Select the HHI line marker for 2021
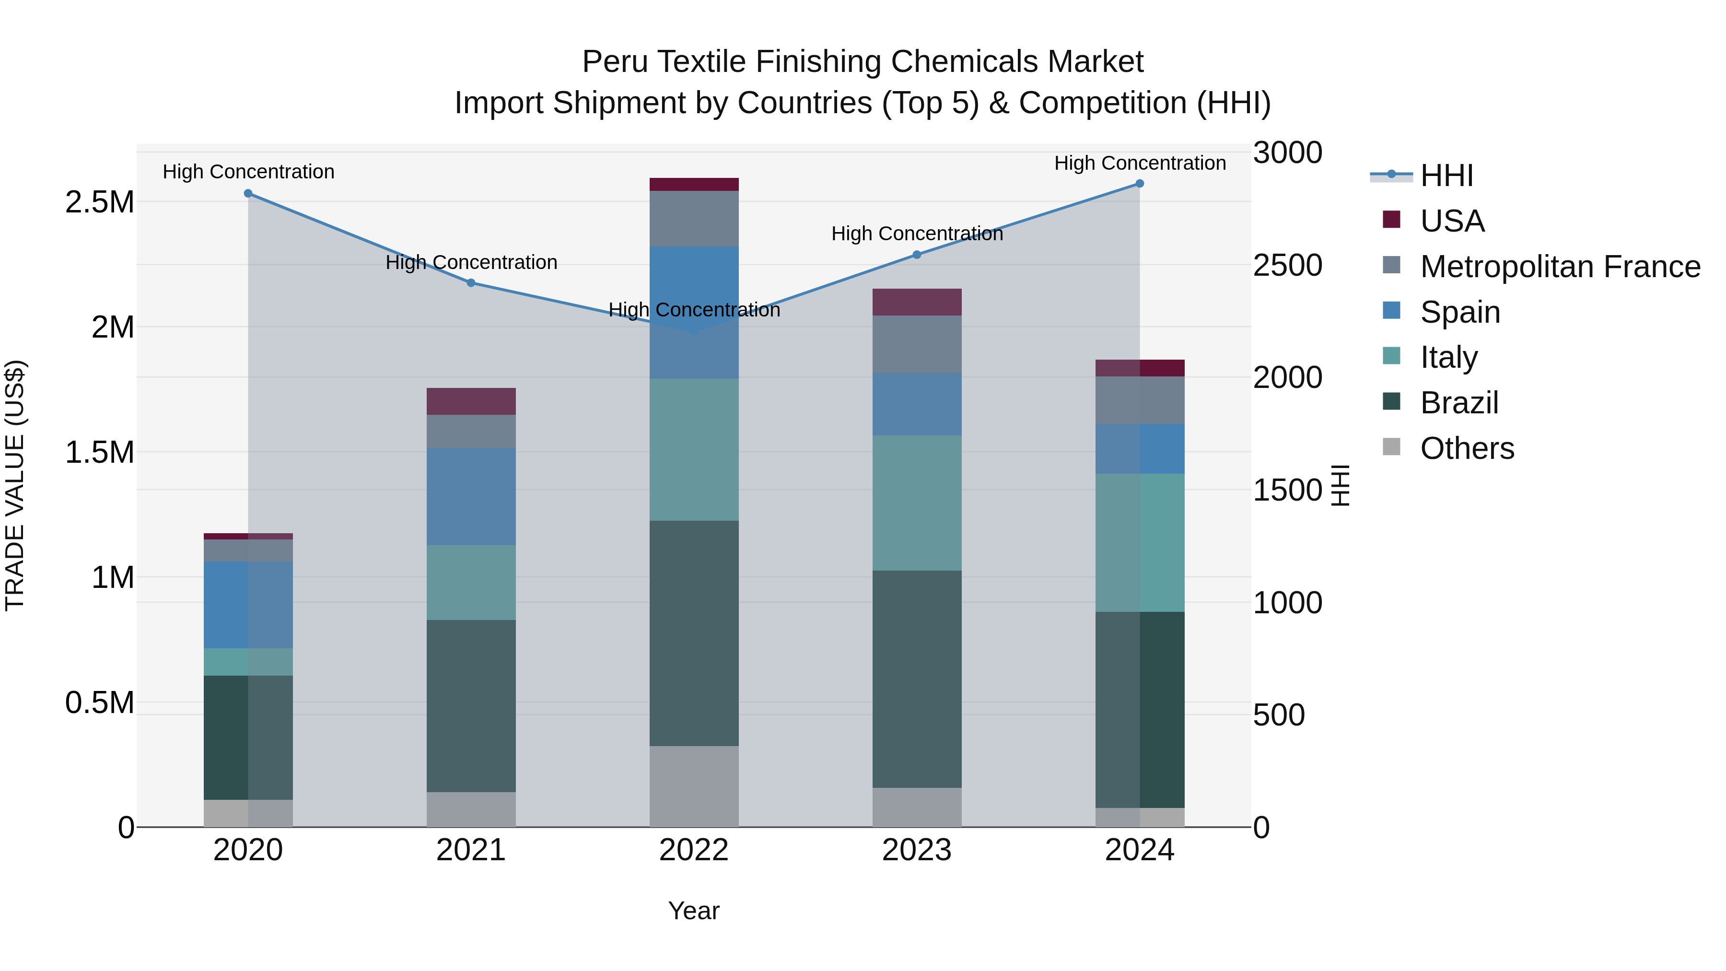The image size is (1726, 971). coord(471,283)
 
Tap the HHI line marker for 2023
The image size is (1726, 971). coord(917,255)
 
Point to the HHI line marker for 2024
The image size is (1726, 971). coord(1140,184)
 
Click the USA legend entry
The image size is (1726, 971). coord(1452,221)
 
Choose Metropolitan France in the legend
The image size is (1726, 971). coord(1560,267)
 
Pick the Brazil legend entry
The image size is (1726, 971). coord(1459,403)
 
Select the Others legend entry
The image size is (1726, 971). coord(1467,448)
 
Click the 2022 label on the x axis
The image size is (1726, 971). coord(693,850)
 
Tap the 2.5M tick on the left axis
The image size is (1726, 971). coord(100,202)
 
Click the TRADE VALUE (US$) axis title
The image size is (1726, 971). coord(15,485)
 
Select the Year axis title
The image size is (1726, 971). coord(693,911)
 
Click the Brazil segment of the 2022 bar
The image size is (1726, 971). coord(694,633)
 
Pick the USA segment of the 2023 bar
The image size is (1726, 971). coord(917,302)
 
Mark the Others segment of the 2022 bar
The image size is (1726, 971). coord(694,786)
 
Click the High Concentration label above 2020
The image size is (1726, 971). coord(248,172)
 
